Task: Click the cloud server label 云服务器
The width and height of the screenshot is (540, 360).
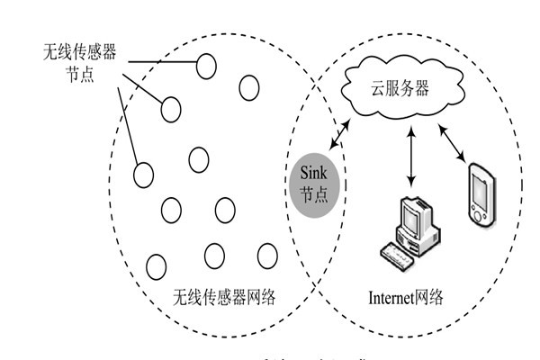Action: click(x=401, y=88)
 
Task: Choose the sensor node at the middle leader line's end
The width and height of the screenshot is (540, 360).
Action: click(x=171, y=110)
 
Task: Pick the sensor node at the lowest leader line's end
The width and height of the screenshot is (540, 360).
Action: click(x=143, y=175)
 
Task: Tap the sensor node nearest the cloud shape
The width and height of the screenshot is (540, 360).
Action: click(x=248, y=86)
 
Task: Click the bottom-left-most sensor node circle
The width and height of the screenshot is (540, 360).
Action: click(x=156, y=265)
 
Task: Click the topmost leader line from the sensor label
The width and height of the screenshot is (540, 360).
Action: click(x=161, y=62)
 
